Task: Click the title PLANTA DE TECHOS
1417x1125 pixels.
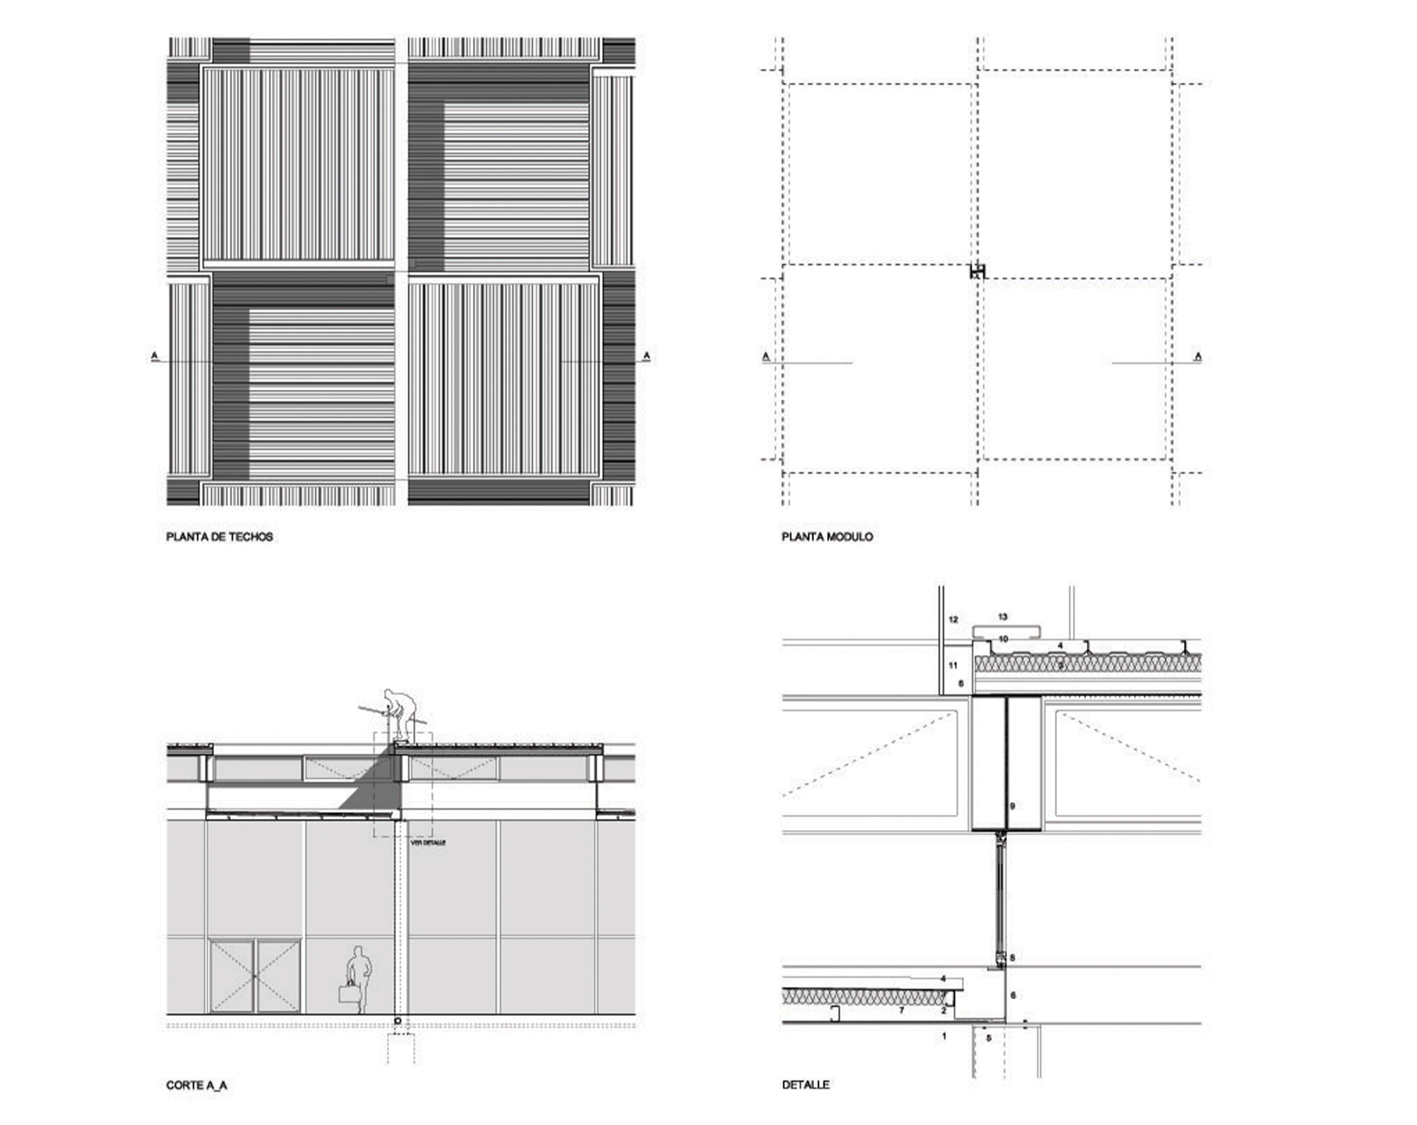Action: pos(219,537)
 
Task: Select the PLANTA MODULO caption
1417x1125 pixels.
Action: pos(827,537)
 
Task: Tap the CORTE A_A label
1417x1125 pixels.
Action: pos(196,1085)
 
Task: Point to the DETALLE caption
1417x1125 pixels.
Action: pos(805,1085)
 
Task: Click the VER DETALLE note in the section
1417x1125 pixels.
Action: pos(428,842)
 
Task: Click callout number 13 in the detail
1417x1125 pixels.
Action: pos(1002,617)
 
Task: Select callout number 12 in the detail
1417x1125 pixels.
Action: pos(953,620)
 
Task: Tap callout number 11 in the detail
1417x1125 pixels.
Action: pos(953,665)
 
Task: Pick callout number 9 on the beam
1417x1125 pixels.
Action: pos(1012,806)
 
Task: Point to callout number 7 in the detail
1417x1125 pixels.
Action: pos(901,1010)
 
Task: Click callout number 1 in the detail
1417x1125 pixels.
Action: pos(944,1036)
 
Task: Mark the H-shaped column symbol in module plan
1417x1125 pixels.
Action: pos(978,271)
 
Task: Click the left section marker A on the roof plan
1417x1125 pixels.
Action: pos(155,356)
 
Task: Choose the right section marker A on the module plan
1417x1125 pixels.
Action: pos(1197,357)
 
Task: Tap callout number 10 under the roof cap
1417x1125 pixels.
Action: pos(1003,639)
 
